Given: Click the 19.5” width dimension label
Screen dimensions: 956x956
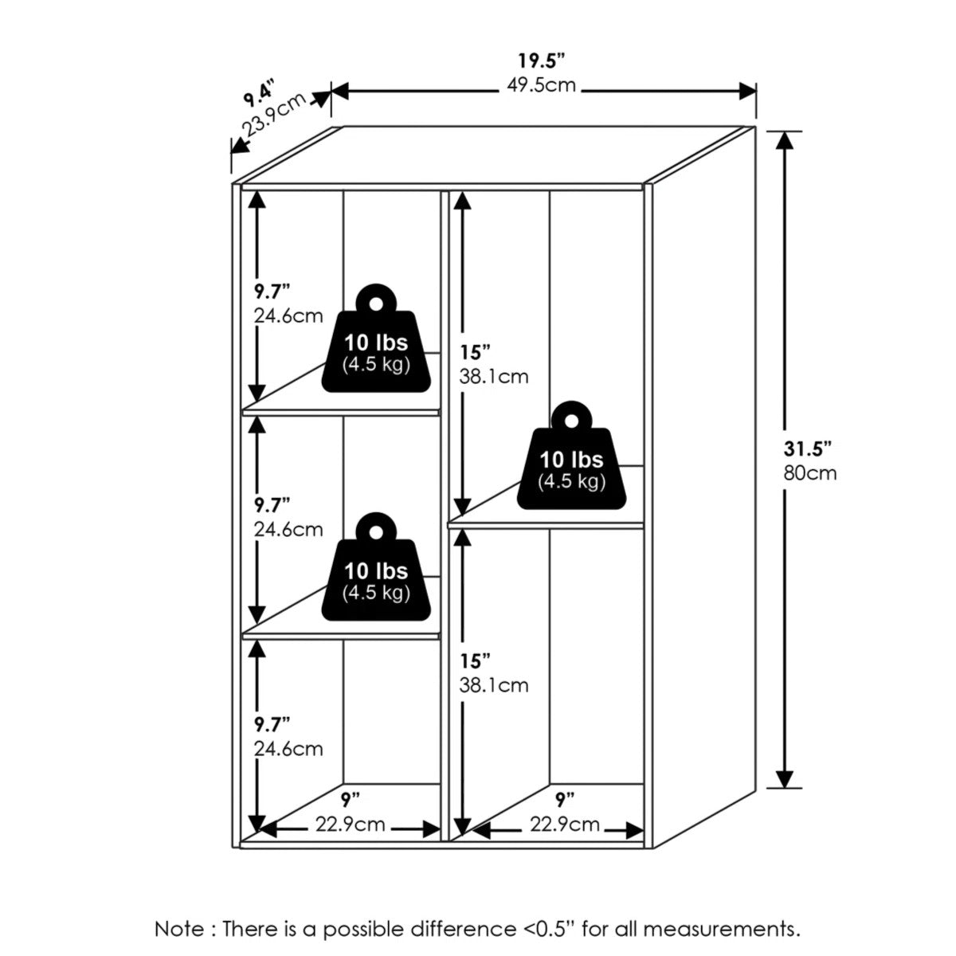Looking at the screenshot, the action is [542, 61].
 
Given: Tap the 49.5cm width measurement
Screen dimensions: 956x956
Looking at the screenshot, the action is [541, 86].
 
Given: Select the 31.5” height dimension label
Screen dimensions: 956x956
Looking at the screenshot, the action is [807, 449].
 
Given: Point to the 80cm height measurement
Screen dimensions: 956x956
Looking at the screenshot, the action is [810, 472].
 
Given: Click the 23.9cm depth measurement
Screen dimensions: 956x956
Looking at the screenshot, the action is [273, 115].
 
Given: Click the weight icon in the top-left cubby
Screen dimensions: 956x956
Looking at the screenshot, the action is [376, 338].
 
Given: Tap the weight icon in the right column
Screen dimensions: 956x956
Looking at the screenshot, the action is [571, 455].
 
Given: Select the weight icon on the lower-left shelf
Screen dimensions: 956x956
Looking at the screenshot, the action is [376, 566].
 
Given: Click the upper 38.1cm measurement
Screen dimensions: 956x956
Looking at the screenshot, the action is [494, 377].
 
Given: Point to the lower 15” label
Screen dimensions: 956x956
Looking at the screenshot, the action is [474, 660].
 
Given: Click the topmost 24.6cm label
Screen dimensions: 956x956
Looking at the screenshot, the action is [288, 316].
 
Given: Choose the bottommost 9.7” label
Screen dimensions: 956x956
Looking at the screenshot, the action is [272, 725].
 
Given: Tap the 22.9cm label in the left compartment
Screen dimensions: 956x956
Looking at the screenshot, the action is [351, 824].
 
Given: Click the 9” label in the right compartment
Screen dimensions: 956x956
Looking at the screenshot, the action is [565, 799].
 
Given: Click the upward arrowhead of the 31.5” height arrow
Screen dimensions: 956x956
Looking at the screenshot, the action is [785, 139].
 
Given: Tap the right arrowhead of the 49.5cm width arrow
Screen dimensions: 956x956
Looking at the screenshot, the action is [747, 92].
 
